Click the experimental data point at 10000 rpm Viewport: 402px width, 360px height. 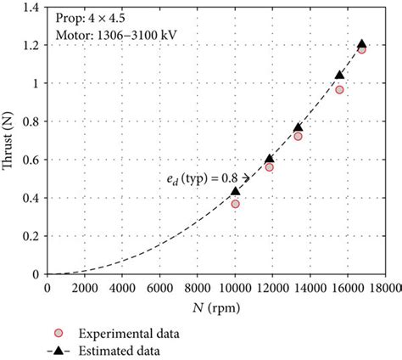235,204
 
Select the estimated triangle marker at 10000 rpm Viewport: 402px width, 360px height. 235,192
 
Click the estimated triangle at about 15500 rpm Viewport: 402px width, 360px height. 339,76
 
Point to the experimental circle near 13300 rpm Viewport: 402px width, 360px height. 298,136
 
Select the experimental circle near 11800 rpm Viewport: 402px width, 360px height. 269,167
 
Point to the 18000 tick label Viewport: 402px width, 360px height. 384,289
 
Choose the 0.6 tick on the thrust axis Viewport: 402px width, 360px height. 32,160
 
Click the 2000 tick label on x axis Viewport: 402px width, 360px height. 85,289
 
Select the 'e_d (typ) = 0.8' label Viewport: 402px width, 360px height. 202,177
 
